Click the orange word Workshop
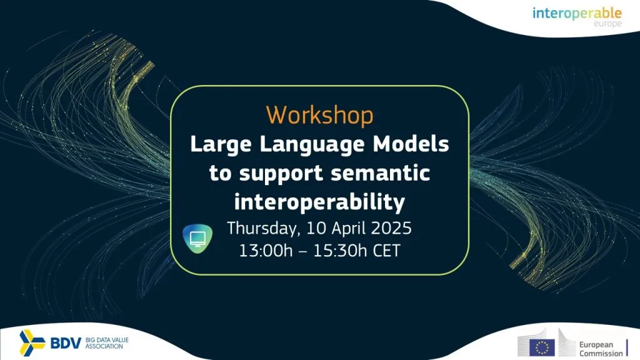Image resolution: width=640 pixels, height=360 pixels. point(319,116)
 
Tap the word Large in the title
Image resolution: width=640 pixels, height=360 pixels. point(221,145)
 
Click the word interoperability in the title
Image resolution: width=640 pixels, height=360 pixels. point(319,202)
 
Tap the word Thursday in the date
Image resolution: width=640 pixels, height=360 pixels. point(263,229)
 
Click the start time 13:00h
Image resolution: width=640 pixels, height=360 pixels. point(266,251)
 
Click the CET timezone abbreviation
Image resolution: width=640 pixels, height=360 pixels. point(386,251)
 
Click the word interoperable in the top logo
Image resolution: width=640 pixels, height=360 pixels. point(577,14)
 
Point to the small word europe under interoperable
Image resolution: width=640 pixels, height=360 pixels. point(607,24)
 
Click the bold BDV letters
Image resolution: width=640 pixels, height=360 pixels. point(66,343)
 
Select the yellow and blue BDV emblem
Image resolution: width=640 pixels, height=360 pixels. point(32,342)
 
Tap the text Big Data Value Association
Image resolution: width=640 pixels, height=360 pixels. point(106,343)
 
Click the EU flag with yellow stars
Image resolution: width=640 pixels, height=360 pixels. point(542,347)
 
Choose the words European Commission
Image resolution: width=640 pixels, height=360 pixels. point(601,349)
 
